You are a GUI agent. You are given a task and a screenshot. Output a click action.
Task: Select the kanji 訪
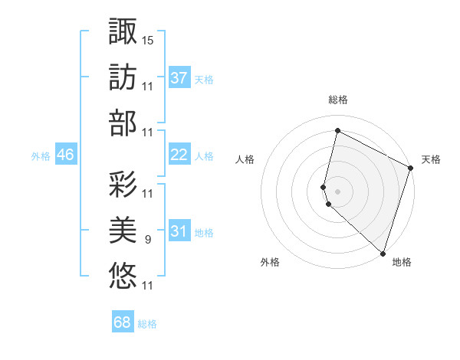pyautogui.click(x=123, y=77)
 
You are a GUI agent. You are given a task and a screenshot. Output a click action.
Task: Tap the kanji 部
pyautogui.click(x=123, y=123)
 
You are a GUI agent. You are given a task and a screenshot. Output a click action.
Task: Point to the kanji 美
pyautogui.click(x=123, y=229)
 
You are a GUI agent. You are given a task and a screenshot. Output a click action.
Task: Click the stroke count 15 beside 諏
pyautogui.click(x=148, y=39)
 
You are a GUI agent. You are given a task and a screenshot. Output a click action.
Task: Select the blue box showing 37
pyautogui.click(x=179, y=78)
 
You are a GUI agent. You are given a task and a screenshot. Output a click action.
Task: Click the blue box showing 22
pyautogui.click(x=179, y=155)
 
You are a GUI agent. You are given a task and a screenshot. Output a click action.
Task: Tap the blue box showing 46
pyautogui.click(x=65, y=155)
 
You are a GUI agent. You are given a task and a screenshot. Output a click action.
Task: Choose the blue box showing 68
pyautogui.click(x=122, y=322)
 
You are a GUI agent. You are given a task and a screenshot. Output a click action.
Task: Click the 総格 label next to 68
pyautogui.click(x=148, y=324)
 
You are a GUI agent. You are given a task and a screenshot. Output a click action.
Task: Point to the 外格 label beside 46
pyautogui.click(x=41, y=156)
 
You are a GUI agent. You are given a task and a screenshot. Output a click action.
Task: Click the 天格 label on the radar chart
pyautogui.click(x=431, y=159)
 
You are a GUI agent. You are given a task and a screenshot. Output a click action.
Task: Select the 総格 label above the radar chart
pyautogui.click(x=337, y=100)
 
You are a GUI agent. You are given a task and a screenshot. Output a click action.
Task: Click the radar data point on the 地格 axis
pyautogui.click(x=382, y=253)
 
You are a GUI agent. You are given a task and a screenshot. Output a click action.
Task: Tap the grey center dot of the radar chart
pyautogui.click(x=337, y=191)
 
